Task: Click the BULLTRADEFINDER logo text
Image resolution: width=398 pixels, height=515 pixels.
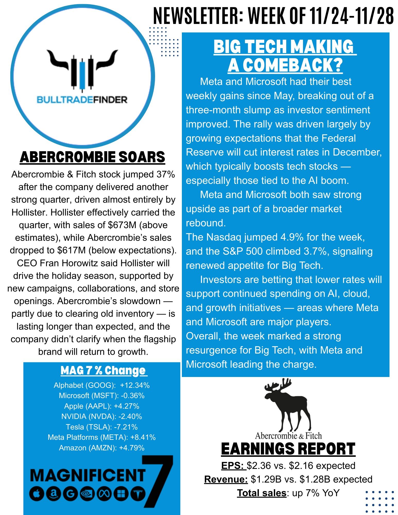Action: point(82,100)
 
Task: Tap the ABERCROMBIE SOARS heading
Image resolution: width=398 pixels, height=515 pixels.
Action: point(92,157)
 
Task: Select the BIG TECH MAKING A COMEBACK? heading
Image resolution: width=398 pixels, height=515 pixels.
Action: point(285,56)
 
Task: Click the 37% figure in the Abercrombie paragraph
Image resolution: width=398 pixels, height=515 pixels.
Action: point(166,174)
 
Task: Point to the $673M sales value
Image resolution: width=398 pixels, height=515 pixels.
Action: point(122,225)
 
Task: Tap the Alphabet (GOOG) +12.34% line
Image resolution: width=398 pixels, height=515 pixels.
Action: point(101,385)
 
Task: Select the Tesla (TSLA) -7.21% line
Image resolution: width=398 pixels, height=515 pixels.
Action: point(101,427)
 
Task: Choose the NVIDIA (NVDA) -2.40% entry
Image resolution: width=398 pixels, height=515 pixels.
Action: point(101,416)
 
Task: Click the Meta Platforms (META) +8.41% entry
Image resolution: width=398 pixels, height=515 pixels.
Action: point(101,437)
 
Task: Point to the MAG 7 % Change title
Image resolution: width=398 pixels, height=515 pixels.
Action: point(103,371)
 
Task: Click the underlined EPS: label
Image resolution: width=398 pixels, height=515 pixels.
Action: point(233,466)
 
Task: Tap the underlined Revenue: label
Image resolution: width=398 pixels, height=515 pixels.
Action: point(226,479)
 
